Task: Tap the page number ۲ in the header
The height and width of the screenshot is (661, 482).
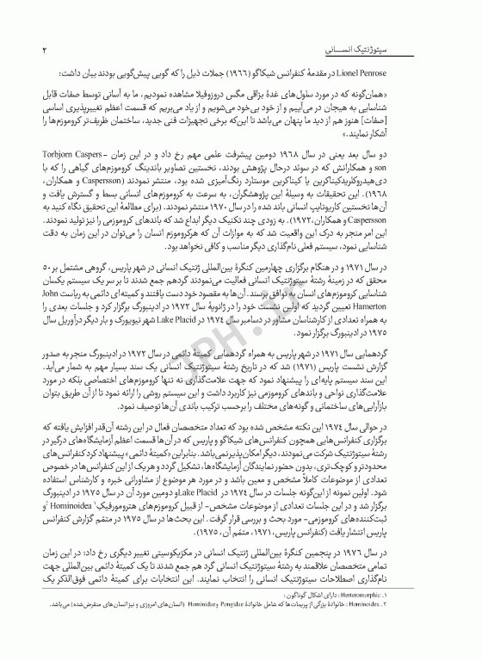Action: tap(43, 53)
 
